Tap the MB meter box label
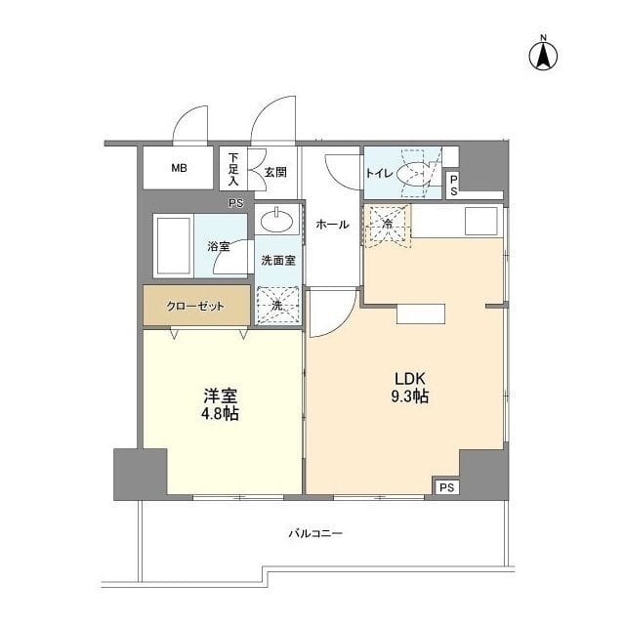coord(179,168)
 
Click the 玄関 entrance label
coord(274,172)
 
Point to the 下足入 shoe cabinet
coord(233,168)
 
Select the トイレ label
coord(379,173)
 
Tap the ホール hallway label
coord(332,225)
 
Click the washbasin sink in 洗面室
coord(278,219)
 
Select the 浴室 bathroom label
coord(218,246)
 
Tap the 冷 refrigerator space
coord(387,225)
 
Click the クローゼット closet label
coord(194,306)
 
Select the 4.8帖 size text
coord(222,414)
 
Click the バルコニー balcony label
coord(314,533)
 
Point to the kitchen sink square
coord(480,221)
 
